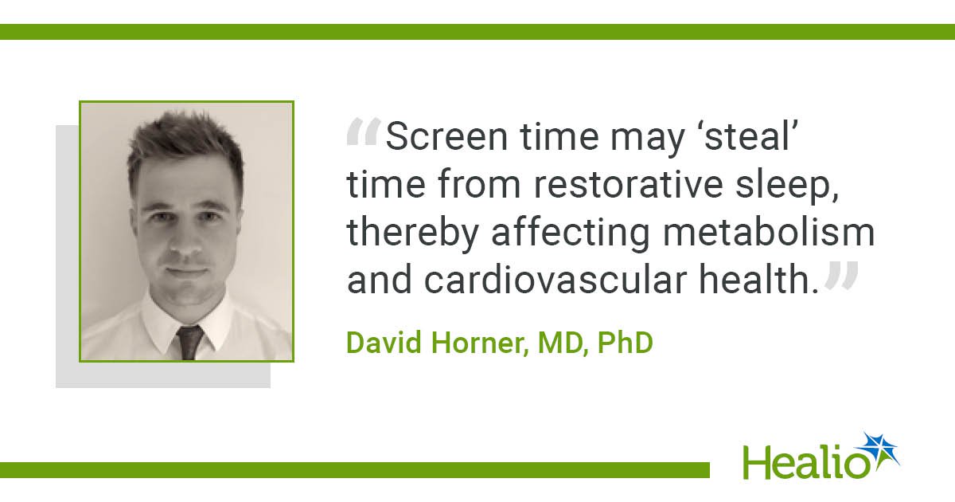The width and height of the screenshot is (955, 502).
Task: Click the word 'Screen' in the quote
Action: tap(446, 136)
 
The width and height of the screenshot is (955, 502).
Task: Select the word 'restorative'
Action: tap(629, 185)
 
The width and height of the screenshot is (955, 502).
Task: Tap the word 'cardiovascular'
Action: tap(555, 280)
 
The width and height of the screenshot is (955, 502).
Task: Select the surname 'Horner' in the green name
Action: tap(480, 343)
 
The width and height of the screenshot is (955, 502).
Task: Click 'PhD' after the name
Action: tap(626, 343)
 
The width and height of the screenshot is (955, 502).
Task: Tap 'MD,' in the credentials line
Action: tap(563, 343)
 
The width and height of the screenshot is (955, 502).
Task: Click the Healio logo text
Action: tap(805, 462)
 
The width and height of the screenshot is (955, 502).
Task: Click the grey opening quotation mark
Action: tap(364, 132)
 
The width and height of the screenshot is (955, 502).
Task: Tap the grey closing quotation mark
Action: tap(841, 276)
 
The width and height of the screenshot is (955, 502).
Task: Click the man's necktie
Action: tap(189, 343)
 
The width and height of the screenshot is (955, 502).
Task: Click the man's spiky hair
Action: tap(185, 140)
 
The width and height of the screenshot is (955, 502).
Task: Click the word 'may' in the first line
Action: tap(648, 141)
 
